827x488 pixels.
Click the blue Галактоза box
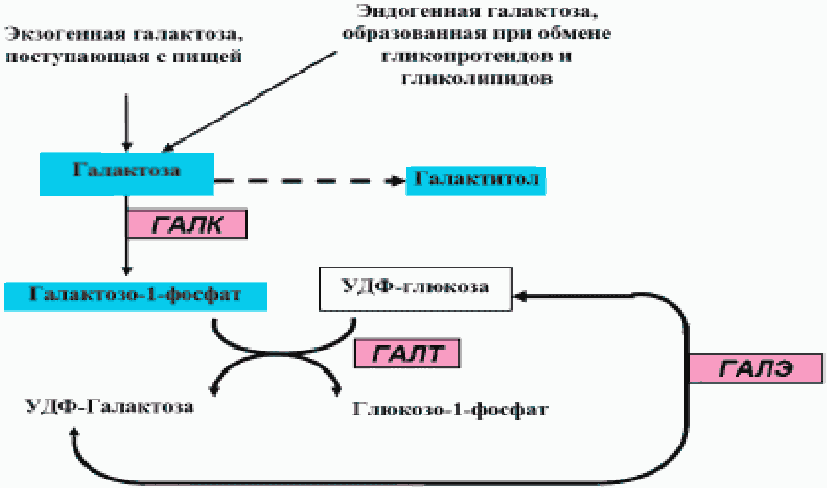click(125, 171)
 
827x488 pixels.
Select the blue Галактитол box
click(477, 179)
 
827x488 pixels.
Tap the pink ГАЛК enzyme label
click(187, 223)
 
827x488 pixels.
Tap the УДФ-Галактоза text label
click(111, 407)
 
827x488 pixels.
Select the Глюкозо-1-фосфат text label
click(451, 410)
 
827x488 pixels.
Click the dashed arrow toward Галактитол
click(302, 179)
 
